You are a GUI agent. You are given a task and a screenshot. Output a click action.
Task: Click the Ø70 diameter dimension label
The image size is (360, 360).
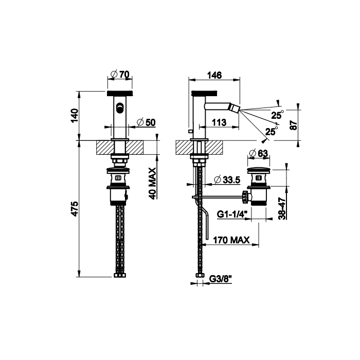click(x=120, y=75)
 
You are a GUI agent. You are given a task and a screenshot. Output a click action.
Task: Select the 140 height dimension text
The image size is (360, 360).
click(x=75, y=116)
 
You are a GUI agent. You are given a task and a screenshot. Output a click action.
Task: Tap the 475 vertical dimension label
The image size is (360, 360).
click(x=75, y=209)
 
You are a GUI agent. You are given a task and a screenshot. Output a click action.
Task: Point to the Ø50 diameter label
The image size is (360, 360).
click(x=146, y=122)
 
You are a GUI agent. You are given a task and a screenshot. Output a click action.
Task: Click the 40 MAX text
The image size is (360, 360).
click(x=152, y=184)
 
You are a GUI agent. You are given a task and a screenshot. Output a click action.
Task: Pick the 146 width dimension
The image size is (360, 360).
click(x=214, y=75)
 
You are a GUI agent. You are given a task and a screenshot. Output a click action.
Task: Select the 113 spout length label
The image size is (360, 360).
click(x=219, y=122)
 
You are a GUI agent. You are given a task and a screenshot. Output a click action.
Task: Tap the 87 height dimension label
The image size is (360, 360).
click(x=294, y=125)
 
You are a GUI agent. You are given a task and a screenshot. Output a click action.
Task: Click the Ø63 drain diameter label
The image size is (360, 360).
click(x=258, y=153)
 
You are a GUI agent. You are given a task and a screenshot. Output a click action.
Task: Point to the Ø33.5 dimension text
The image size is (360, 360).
click(x=227, y=180)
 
